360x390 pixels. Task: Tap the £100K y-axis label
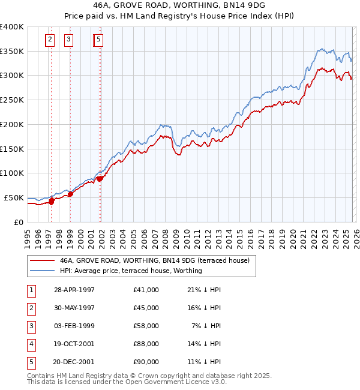[x=12, y=173]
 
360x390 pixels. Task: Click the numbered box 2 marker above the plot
[x=50, y=40]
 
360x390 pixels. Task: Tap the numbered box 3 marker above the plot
[x=69, y=40]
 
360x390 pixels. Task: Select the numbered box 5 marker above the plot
[x=98, y=40]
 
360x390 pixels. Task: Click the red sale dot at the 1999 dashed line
[x=70, y=193]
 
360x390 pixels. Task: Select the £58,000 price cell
[x=146, y=326]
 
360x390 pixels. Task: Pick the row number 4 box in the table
[x=31, y=344]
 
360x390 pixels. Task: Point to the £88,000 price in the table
[x=146, y=344]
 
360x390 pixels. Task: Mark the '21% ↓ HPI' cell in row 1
[x=204, y=290]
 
